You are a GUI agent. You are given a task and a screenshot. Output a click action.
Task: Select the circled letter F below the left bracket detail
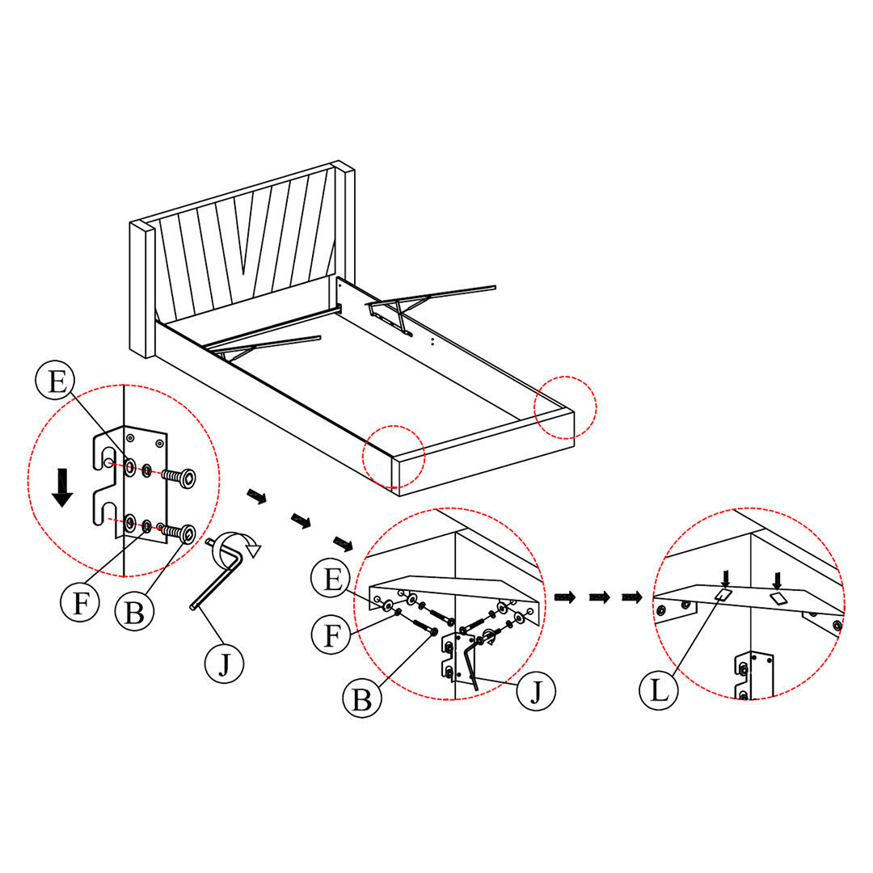coord(78,602)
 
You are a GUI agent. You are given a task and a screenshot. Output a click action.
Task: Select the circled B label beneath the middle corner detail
coord(361,698)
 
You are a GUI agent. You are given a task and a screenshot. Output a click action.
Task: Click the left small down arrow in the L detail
coord(725,578)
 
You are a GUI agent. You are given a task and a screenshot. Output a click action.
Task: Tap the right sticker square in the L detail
coord(778,598)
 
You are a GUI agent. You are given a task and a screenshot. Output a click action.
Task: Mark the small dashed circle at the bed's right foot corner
coord(565,407)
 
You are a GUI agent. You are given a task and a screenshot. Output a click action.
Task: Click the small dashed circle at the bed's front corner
coord(394,457)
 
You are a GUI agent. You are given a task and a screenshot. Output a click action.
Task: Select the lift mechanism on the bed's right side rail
coord(420,306)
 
